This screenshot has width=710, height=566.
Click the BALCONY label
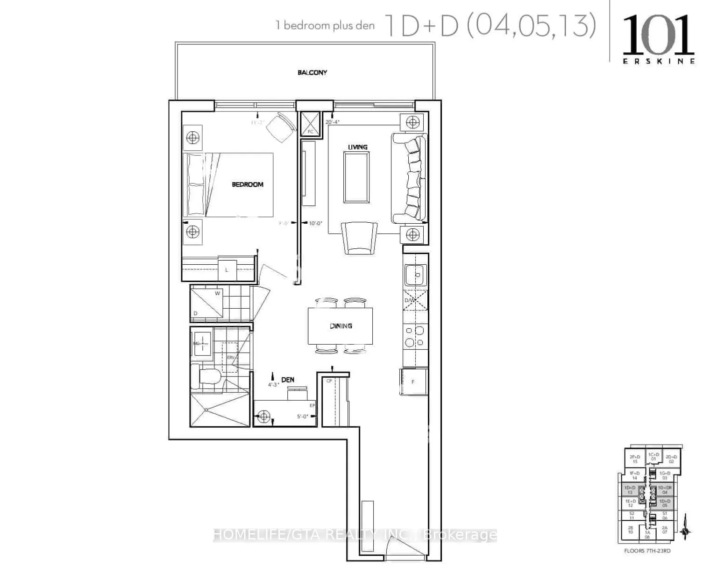[312, 72]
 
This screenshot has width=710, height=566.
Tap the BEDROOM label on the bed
[248, 184]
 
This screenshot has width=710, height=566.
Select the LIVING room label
[358, 147]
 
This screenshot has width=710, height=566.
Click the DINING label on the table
[341, 326]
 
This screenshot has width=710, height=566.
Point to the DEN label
[288, 380]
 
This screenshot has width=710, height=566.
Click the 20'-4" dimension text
[333, 122]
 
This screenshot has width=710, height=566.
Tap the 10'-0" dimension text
[316, 223]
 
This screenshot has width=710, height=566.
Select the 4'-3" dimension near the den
[273, 385]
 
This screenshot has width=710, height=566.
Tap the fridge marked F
[413, 382]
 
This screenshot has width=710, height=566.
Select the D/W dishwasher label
[410, 300]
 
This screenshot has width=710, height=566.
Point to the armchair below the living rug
[359, 237]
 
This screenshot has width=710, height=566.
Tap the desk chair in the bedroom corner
[282, 128]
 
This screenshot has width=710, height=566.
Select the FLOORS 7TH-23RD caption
[647, 551]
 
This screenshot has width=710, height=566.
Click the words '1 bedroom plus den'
[326, 26]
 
